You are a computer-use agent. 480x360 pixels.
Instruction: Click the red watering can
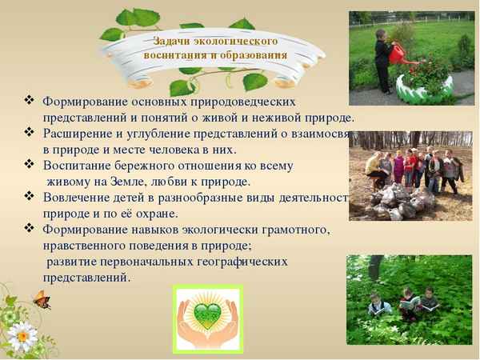[398, 53]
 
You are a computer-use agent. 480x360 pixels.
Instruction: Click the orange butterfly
[41, 301]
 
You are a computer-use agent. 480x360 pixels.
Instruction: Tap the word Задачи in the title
[170, 40]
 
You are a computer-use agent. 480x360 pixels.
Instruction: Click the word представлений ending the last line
[86, 277]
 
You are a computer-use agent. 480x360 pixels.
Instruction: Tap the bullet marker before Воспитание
[30, 165]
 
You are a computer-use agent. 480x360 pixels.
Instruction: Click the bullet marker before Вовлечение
[30, 196]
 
